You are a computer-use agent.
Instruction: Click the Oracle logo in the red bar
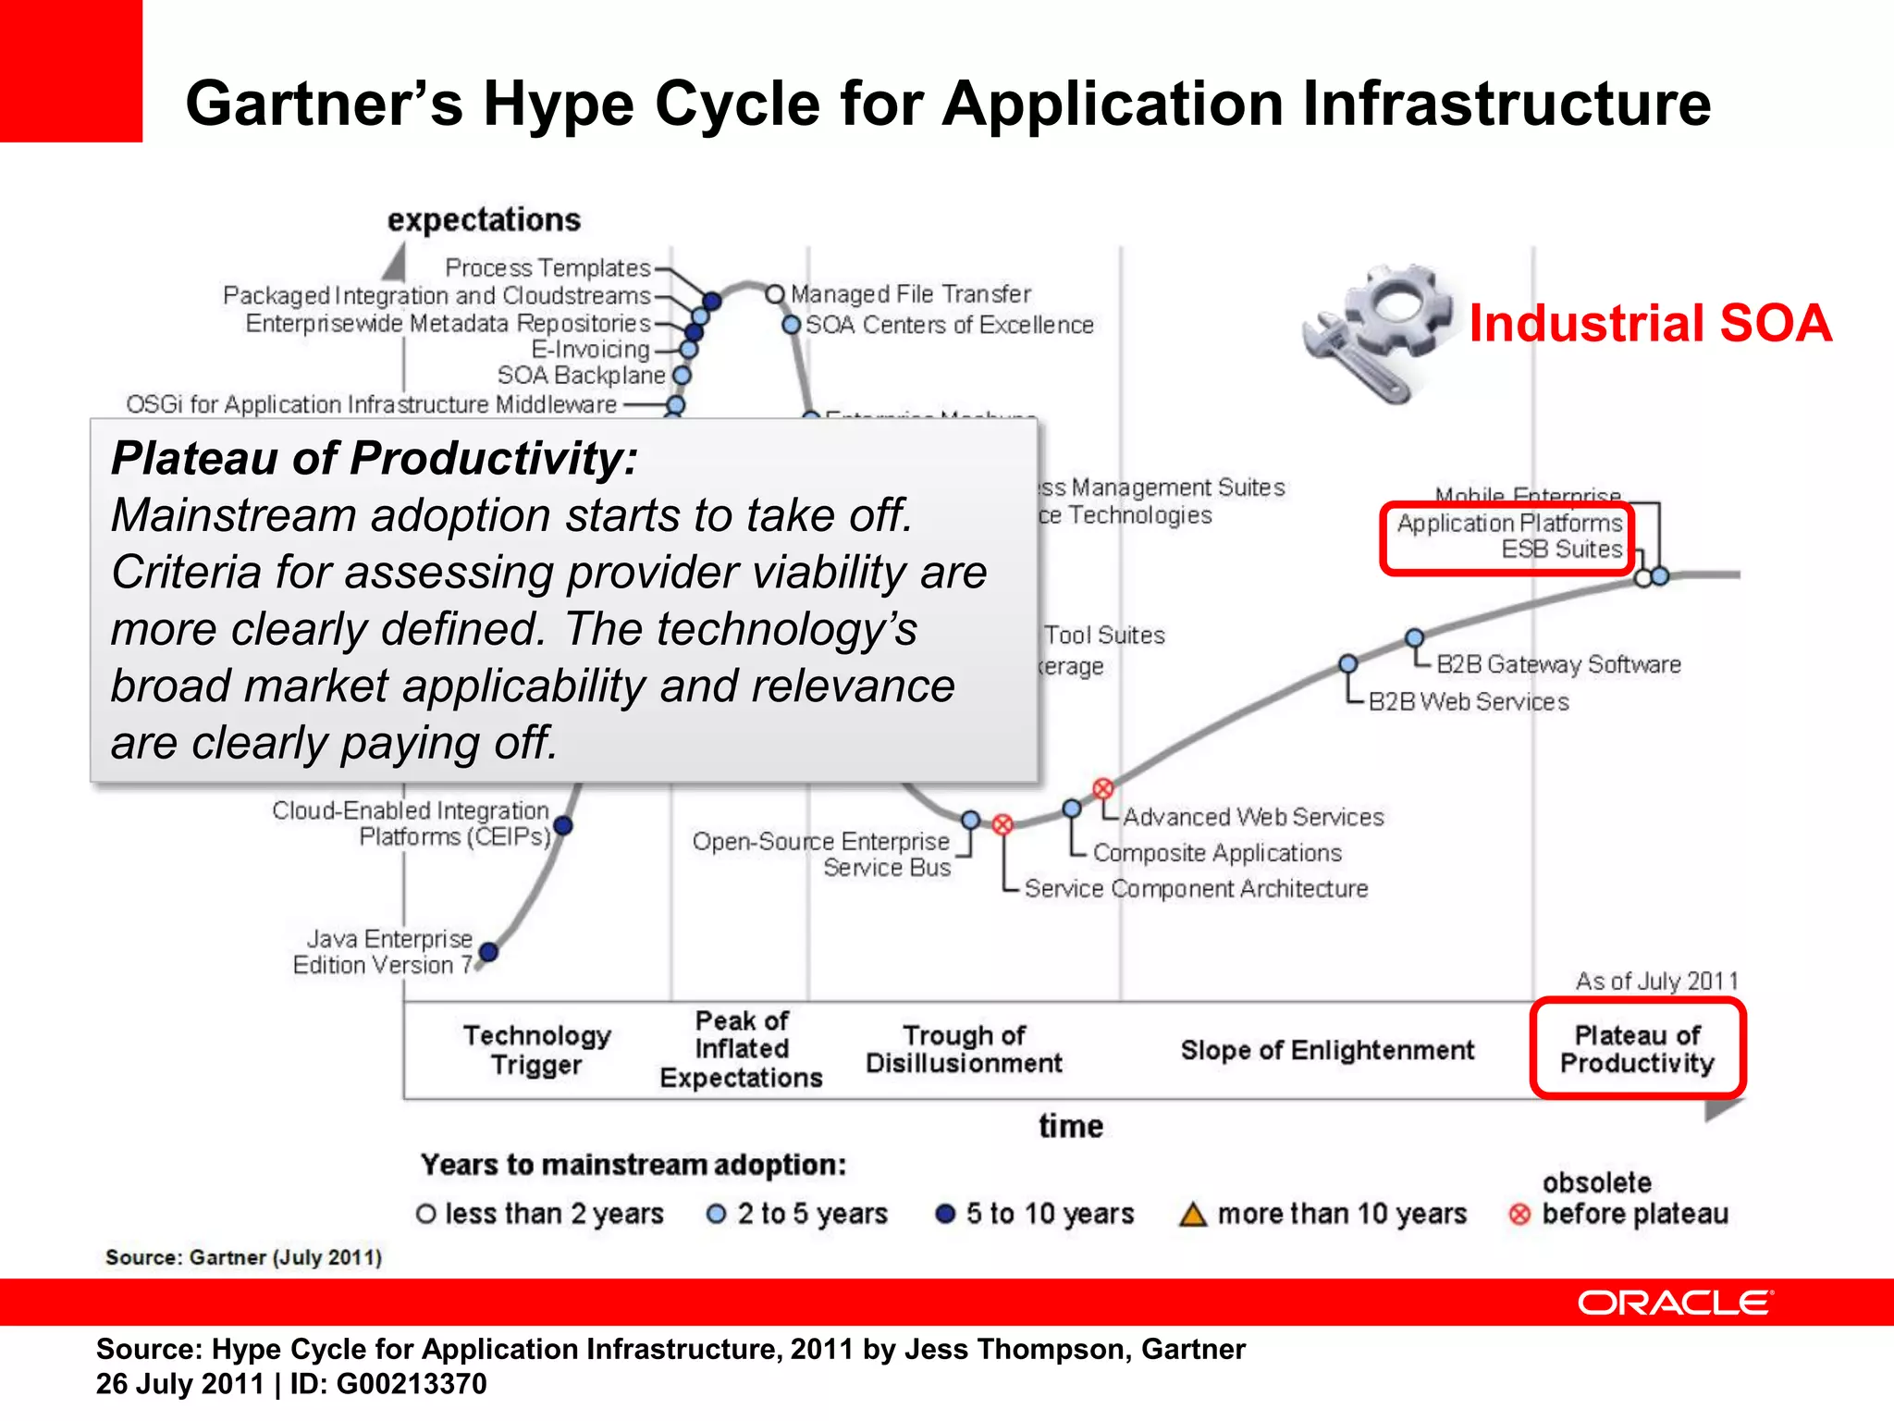click(x=1675, y=1303)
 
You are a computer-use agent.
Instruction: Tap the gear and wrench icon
click(x=1377, y=333)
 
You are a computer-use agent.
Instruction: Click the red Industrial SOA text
click(x=1650, y=324)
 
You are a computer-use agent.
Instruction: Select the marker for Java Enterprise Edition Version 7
click(x=489, y=951)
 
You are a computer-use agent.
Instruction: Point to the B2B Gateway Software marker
click(x=1414, y=637)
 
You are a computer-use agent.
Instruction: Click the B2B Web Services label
click(x=1469, y=702)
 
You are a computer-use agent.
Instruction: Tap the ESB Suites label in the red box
click(x=1561, y=550)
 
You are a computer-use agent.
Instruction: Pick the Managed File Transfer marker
click(x=775, y=294)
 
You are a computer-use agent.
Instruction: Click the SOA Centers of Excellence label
click(x=949, y=326)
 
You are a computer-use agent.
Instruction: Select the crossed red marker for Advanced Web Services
click(x=1102, y=788)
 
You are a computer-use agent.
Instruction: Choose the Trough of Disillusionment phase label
click(x=964, y=1049)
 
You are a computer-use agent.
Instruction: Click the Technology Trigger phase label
click(x=536, y=1049)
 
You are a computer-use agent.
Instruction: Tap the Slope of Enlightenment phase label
click(x=1327, y=1050)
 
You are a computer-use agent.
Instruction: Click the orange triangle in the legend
click(x=1193, y=1214)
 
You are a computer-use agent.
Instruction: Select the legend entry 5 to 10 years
click(x=1036, y=1214)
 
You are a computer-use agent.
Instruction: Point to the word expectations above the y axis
click(x=484, y=220)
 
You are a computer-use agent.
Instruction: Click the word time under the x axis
click(x=1070, y=1126)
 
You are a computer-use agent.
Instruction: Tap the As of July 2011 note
click(x=1656, y=981)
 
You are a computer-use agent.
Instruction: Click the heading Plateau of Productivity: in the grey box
click(x=375, y=458)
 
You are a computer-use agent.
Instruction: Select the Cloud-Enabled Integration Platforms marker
click(x=562, y=825)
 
